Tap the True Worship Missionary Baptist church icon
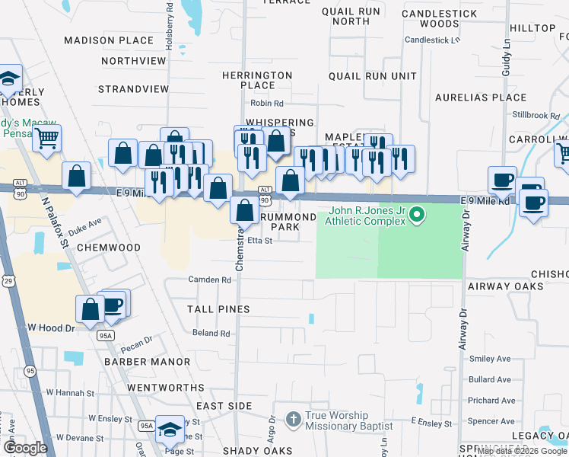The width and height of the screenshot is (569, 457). pos(294,419)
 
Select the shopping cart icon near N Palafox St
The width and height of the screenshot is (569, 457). pos(46,139)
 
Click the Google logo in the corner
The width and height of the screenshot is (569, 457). pos(25,448)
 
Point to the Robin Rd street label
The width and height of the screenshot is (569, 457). pos(266,104)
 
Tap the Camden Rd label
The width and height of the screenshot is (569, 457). pos(210,280)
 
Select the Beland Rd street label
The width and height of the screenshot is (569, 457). pos(211,334)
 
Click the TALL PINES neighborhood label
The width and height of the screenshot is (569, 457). pos(218,309)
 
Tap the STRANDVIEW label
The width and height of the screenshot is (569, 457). pos(133,89)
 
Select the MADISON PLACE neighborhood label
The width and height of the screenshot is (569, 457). pos(109,40)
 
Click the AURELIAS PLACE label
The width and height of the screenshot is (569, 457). pos(481,97)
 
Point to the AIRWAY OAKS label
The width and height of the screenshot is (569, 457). pos(505,286)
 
